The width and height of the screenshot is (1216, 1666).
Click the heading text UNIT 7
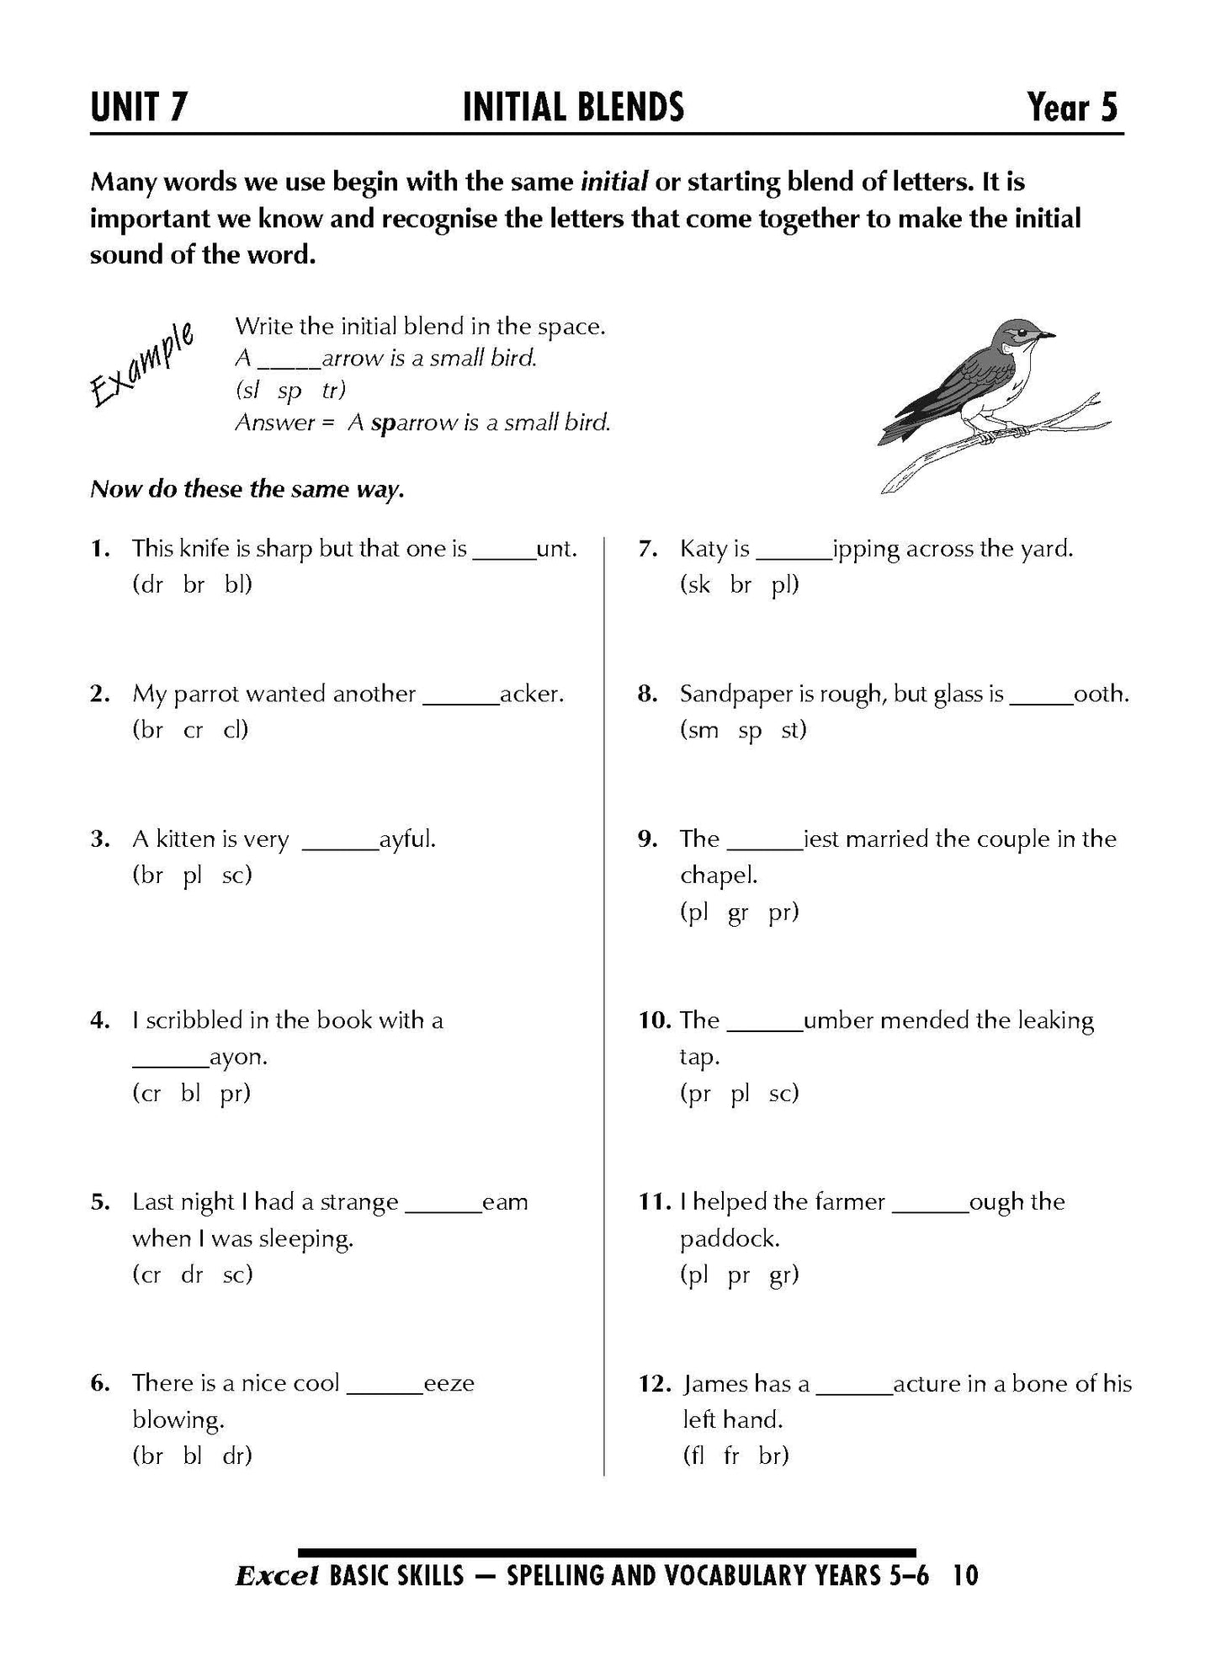[x=139, y=108]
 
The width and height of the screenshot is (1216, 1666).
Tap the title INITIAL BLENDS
[x=573, y=108]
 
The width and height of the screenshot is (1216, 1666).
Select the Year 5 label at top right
[x=1073, y=108]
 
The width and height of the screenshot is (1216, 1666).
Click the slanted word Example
[x=141, y=365]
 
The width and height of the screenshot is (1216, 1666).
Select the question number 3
[x=99, y=839]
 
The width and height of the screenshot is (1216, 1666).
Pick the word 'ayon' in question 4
[x=238, y=1057]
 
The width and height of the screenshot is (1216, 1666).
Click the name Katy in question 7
[x=703, y=549]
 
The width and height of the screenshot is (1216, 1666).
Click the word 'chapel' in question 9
[x=718, y=876]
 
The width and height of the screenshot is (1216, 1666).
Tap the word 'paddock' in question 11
[x=729, y=1238]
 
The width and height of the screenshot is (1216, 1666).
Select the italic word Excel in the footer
[x=277, y=1575]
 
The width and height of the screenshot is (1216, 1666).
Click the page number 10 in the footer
[x=967, y=1575]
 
